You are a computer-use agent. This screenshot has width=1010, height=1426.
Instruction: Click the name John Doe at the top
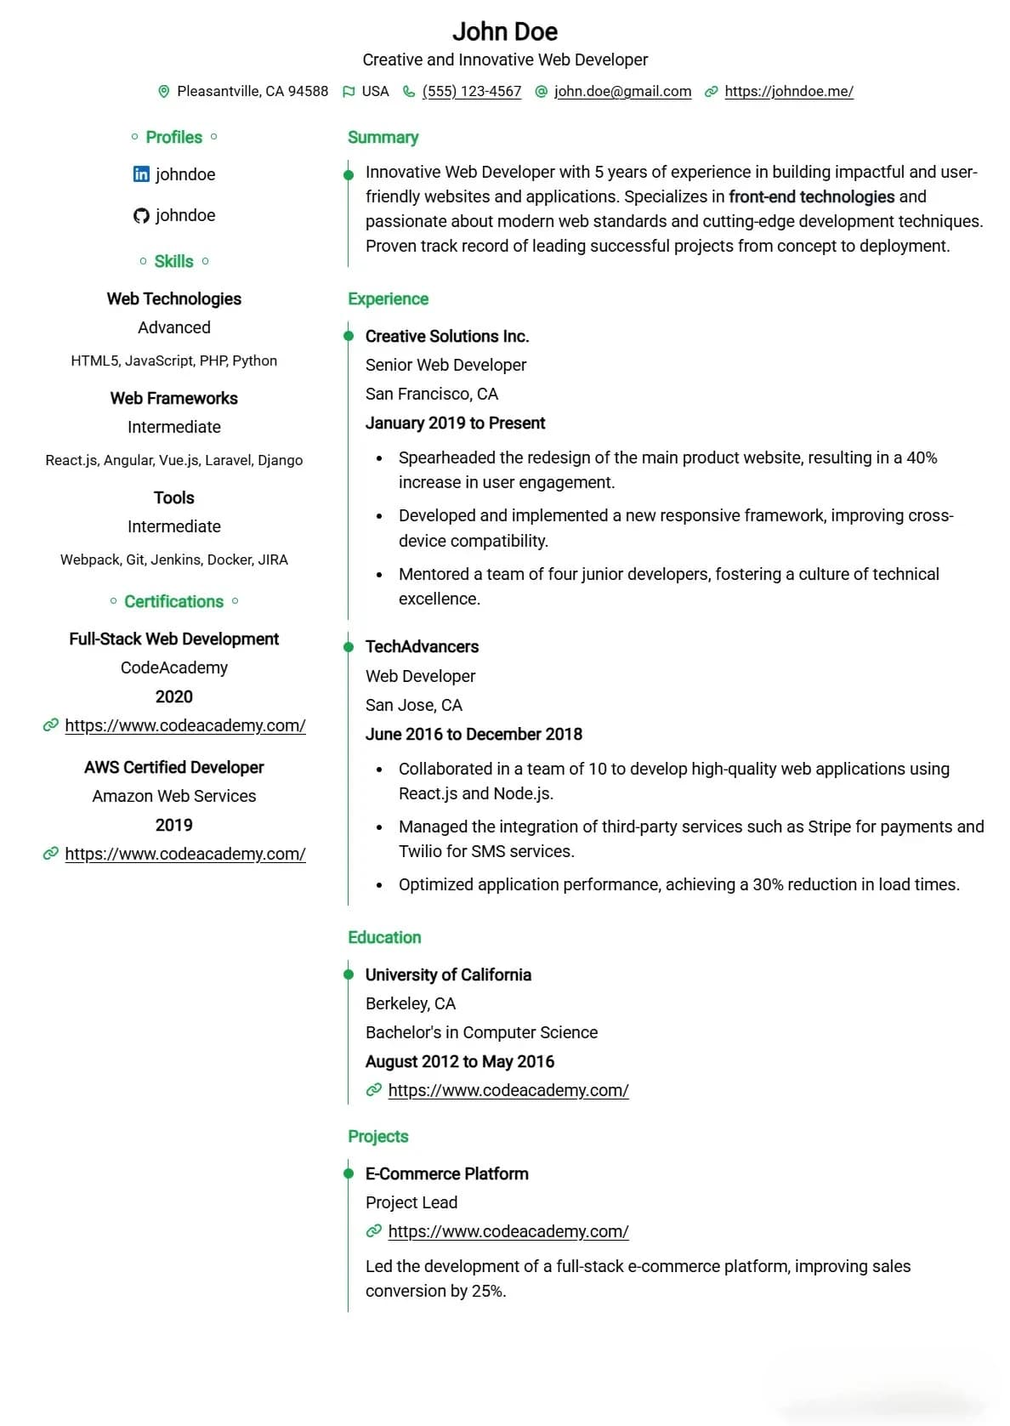coord(504,31)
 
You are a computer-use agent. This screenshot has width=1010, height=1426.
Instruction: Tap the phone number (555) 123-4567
coord(471,91)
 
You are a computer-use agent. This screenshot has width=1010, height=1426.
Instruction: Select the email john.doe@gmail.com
coord(622,91)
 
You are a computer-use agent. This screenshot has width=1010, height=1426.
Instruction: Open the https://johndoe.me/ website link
coord(788,91)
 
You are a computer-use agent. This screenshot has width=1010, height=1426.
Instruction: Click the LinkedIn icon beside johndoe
coord(141,174)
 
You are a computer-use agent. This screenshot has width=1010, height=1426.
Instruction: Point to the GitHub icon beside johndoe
coord(141,216)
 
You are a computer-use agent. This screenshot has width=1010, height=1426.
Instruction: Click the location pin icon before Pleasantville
coord(164,91)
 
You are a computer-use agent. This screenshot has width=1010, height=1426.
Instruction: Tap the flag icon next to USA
coord(349,91)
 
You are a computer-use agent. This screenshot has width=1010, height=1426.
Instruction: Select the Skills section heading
coord(173,261)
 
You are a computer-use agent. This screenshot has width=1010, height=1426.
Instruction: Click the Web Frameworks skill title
coord(173,398)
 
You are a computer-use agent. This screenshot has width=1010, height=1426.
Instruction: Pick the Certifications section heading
coord(173,601)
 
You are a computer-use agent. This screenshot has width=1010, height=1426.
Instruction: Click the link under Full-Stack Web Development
coord(184,725)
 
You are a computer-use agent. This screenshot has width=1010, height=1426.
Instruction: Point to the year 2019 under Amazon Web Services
coord(173,825)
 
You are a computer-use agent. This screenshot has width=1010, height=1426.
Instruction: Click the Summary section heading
coord(383,137)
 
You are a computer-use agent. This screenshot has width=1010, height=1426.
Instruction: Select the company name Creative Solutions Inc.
coord(447,336)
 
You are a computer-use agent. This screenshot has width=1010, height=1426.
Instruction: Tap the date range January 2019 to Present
coord(455,423)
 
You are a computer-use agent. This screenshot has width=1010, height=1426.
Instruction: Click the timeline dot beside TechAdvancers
coord(348,647)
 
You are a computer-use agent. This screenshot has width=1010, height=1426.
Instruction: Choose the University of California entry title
coord(448,974)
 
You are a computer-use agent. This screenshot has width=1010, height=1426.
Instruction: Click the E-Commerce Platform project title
coord(446,1173)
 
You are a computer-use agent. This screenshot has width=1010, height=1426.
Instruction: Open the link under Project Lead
coord(508,1231)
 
